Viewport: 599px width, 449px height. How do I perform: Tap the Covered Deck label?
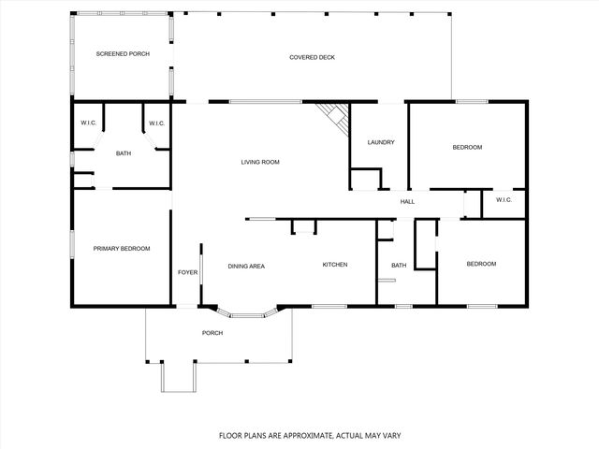pyautogui.click(x=312, y=58)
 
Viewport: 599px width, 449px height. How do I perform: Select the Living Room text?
pyautogui.click(x=260, y=162)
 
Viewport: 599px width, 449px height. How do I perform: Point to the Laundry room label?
pyautogui.click(x=381, y=142)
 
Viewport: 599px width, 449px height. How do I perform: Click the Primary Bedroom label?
pyautogui.click(x=122, y=248)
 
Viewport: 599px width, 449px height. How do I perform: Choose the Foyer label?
pyautogui.click(x=188, y=272)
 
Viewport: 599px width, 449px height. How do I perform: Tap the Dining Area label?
pyautogui.click(x=246, y=266)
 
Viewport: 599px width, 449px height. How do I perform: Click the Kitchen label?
pyautogui.click(x=335, y=265)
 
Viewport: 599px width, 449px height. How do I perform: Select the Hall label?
pyautogui.click(x=407, y=201)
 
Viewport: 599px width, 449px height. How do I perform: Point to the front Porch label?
pyautogui.click(x=213, y=333)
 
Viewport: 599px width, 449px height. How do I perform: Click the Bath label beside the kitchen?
pyautogui.click(x=399, y=266)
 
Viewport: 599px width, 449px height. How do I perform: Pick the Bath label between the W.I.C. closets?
pyautogui.click(x=124, y=152)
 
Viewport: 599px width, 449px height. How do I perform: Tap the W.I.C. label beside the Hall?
pyautogui.click(x=504, y=199)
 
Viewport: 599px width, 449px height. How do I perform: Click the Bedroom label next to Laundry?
pyautogui.click(x=467, y=147)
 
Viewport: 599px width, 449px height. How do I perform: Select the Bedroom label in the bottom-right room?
pyautogui.click(x=481, y=264)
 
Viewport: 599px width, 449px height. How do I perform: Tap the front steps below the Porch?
pyautogui.click(x=179, y=378)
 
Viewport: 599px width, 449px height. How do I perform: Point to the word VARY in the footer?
pyautogui.click(x=368, y=435)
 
